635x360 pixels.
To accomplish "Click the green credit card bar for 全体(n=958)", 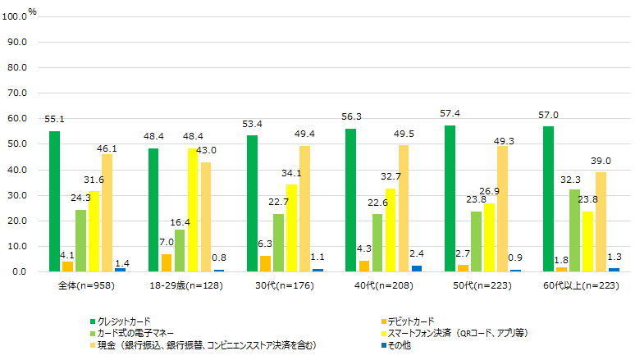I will click(54, 202).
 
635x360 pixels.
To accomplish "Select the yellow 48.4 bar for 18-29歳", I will click(193, 210).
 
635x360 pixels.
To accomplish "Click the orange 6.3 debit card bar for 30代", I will click(265, 263).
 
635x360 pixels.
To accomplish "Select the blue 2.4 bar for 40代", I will click(416, 268).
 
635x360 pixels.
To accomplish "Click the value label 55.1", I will click(55, 120).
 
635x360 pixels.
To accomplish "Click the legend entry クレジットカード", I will click(124, 321).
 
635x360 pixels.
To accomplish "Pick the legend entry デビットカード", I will click(422, 321).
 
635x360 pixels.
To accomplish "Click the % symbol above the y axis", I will click(32, 11).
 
